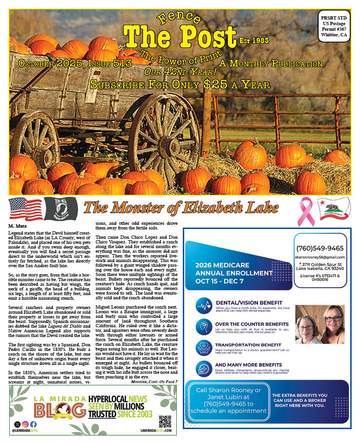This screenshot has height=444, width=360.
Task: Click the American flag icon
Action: point(25,209)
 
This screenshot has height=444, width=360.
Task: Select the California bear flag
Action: point(334,209)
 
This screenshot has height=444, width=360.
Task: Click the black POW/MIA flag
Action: point(60,209)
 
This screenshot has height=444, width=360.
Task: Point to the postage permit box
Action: point(333,25)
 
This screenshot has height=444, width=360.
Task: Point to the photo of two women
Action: point(320,324)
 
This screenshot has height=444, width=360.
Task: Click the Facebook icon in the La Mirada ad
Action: point(33,424)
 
